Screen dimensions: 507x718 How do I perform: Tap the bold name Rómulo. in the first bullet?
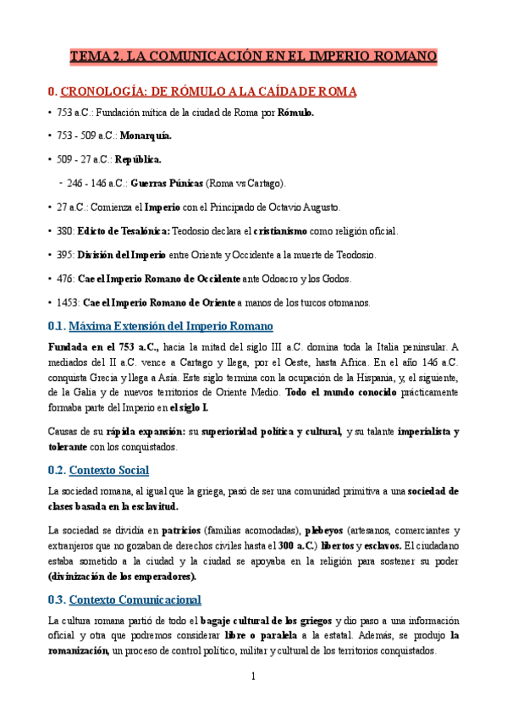tap(295, 113)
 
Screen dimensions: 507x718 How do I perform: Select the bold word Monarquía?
tap(146, 135)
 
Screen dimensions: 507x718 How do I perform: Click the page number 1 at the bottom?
tap(253, 677)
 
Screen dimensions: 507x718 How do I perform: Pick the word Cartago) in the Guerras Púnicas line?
tap(265, 183)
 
